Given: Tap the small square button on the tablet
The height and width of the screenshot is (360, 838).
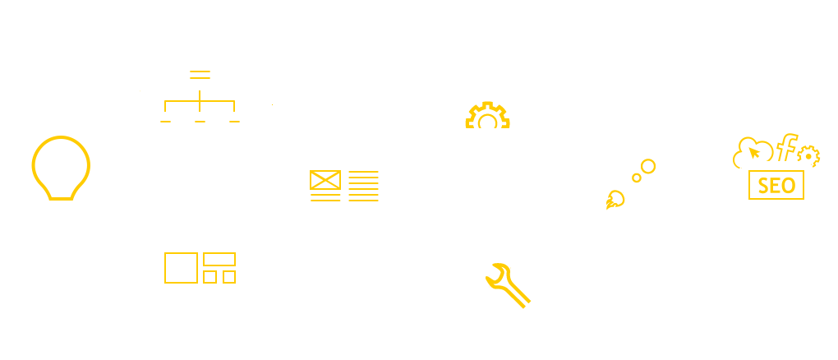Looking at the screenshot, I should click(x=776, y=201).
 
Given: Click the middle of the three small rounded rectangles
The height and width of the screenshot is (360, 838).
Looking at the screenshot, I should click(x=200, y=122).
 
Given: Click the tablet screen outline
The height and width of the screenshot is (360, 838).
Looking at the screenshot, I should click(x=776, y=187).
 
